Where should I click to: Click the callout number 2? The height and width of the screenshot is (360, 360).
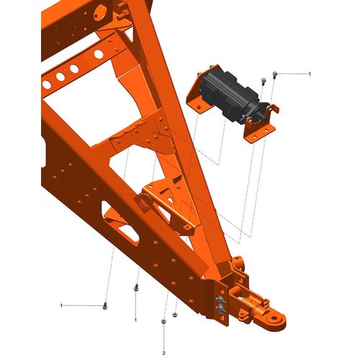pos(163,354)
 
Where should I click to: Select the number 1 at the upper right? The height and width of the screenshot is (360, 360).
pos(310,74)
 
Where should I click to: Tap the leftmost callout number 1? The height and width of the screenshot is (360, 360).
pos(61,305)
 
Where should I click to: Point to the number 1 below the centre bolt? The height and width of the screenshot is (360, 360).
pos(135,320)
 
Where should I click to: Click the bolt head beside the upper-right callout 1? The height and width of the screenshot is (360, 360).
pos(275,75)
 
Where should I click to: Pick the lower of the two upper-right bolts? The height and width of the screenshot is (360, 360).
pos(264,81)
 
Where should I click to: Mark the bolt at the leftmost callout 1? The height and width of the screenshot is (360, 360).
pos(104,306)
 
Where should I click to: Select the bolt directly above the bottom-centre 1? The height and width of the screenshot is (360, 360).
pos(136,287)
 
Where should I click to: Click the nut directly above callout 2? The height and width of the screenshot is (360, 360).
pos(163,321)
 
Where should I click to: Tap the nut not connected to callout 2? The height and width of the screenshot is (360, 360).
pos(175,315)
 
